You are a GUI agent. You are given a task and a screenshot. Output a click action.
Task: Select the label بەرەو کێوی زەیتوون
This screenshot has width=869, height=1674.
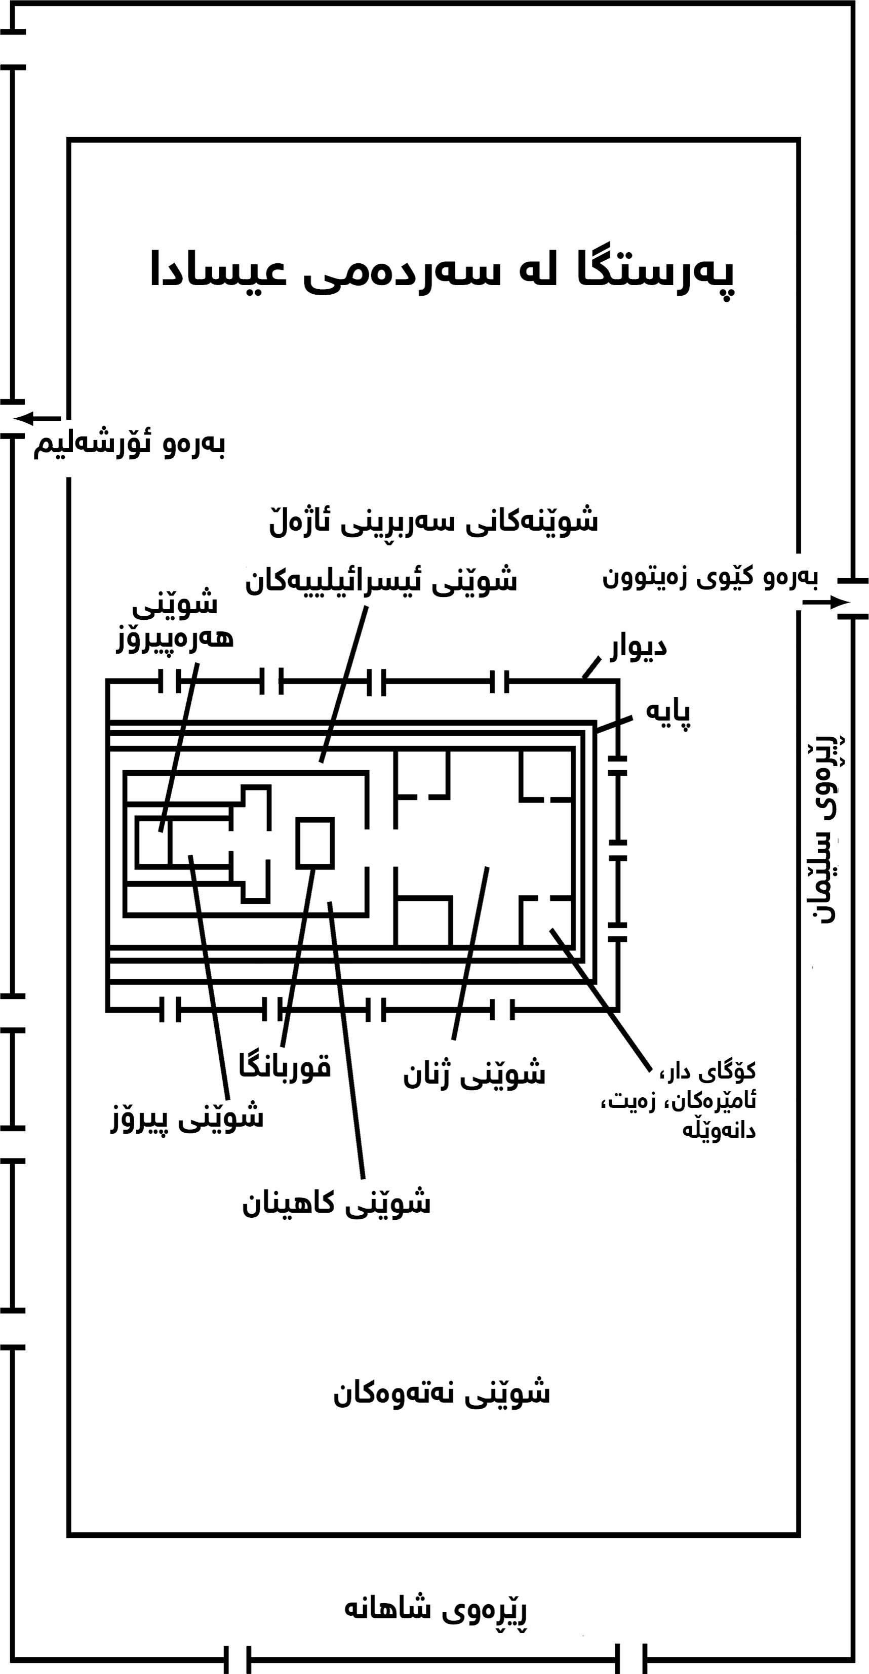(x=710, y=577)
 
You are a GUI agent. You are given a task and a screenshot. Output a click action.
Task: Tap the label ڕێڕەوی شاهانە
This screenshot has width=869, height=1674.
(x=436, y=1609)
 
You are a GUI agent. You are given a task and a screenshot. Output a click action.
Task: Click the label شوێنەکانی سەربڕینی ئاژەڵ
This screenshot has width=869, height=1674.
(x=433, y=521)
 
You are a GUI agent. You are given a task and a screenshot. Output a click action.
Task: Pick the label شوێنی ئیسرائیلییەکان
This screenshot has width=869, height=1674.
(x=381, y=580)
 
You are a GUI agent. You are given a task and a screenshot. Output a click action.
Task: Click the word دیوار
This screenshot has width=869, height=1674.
(x=638, y=647)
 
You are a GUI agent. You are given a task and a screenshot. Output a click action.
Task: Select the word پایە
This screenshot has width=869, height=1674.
(x=667, y=712)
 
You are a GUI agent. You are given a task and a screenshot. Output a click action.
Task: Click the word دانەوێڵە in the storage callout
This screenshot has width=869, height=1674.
(x=719, y=1130)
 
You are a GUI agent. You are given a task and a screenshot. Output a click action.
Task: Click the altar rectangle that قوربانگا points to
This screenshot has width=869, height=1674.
(x=315, y=843)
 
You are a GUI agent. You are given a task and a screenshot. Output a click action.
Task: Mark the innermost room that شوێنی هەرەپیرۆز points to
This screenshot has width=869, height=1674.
(x=153, y=842)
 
